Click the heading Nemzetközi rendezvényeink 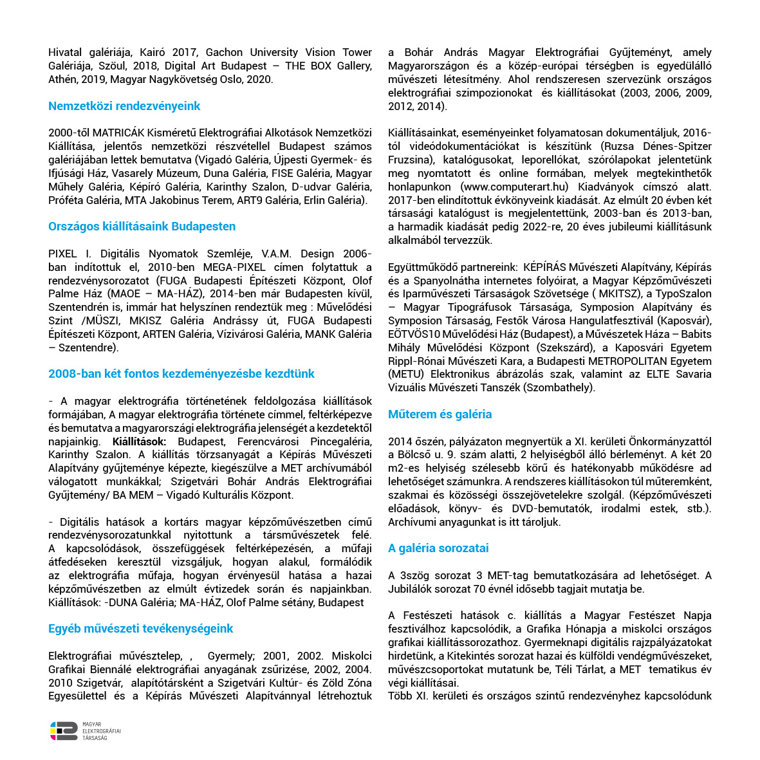click(124, 106)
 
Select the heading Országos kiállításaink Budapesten click(142, 227)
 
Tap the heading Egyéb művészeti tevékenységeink click(140, 629)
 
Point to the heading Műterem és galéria click(440, 414)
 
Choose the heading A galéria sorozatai click(438, 548)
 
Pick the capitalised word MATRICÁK click(113, 133)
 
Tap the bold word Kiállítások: click(139, 441)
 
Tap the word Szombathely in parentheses click(558, 387)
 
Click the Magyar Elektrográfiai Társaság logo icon click(64, 730)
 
